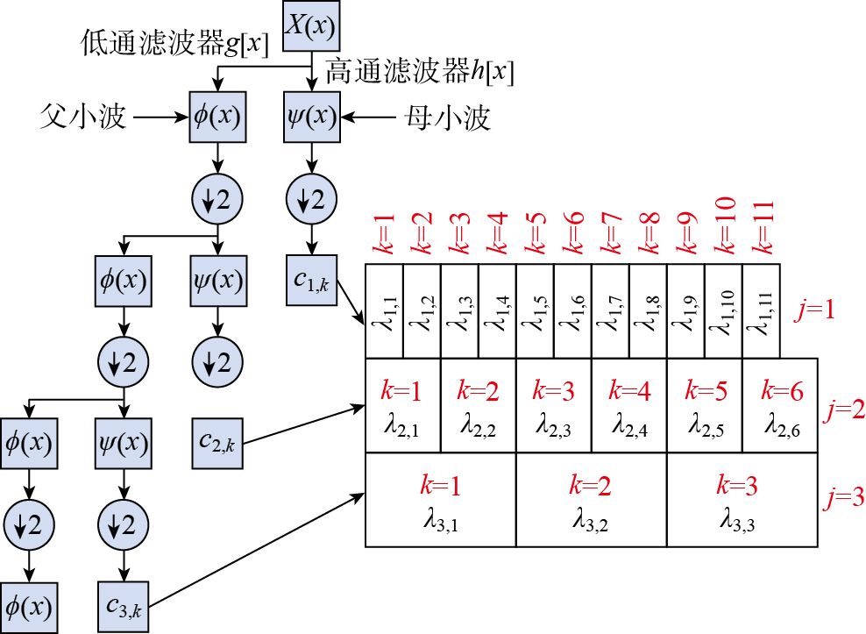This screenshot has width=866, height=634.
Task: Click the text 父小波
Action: tap(84, 116)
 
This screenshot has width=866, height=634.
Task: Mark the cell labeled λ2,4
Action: tap(628, 406)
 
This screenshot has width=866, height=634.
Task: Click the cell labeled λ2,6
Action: tap(780, 406)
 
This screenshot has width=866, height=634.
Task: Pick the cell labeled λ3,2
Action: tap(591, 500)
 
